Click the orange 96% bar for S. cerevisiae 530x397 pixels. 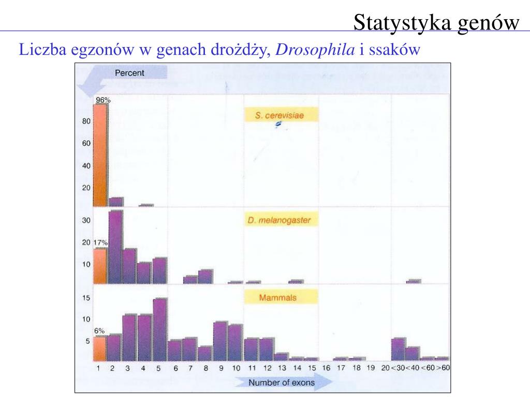click(100, 155)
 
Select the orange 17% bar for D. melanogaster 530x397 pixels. click(100, 266)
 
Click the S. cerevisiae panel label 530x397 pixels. click(279, 116)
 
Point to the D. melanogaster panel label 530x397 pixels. click(279, 220)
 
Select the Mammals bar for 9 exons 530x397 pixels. click(220, 341)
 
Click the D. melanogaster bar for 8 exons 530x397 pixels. click(205, 277)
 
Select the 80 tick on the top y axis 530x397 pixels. click(86, 121)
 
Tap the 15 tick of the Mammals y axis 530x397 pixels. click(86, 298)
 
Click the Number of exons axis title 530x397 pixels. click(275, 383)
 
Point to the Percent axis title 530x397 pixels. click(129, 73)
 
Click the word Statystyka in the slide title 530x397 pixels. click(394, 22)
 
